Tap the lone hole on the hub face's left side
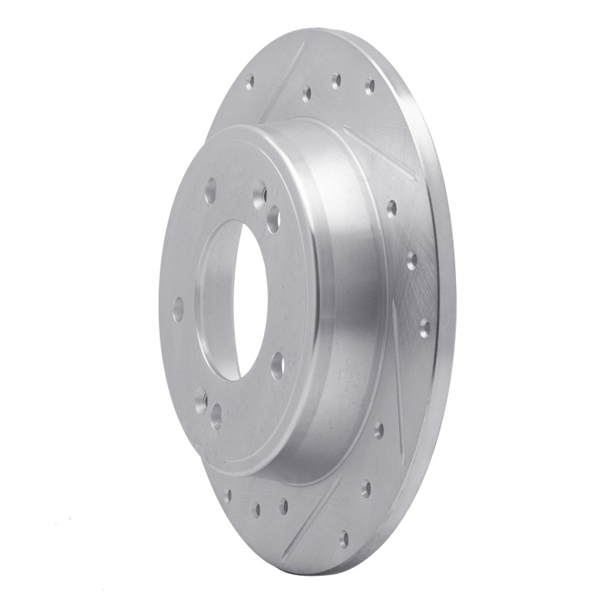[178, 310]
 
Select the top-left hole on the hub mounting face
[210, 190]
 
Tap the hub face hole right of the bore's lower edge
[277, 365]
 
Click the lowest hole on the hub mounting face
[216, 416]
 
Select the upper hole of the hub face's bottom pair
[201, 400]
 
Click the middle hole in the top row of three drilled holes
[335, 81]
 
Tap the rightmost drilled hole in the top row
[369, 85]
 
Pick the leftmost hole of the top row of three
[306, 94]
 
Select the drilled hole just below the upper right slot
[391, 207]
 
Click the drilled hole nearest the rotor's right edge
[424, 328]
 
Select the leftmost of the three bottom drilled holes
[228, 495]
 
